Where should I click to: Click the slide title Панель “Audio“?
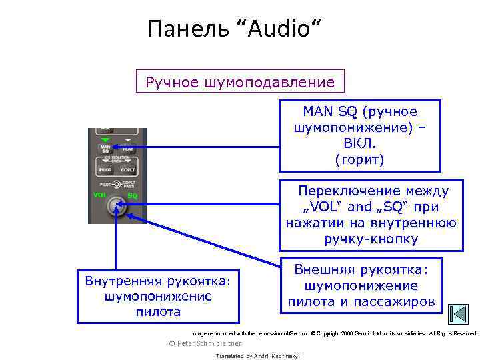click(234, 29)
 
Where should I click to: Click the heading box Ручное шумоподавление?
click(240, 83)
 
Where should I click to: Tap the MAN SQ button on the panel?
click(105, 149)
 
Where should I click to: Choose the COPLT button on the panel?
click(128, 171)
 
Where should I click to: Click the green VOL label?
click(101, 195)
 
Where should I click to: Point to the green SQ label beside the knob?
click(133, 196)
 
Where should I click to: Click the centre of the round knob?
click(117, 206)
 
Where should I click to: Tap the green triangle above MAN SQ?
click(105, 139)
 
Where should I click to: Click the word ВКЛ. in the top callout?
click(360, 143)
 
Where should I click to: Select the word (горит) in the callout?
click(360, 159)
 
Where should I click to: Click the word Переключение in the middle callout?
click(345, 191)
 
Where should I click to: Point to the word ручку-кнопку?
click(371, 239)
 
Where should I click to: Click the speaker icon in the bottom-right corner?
click(458, 314)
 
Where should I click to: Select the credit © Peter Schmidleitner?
click(206, 343)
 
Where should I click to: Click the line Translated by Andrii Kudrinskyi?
click(258, 356)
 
